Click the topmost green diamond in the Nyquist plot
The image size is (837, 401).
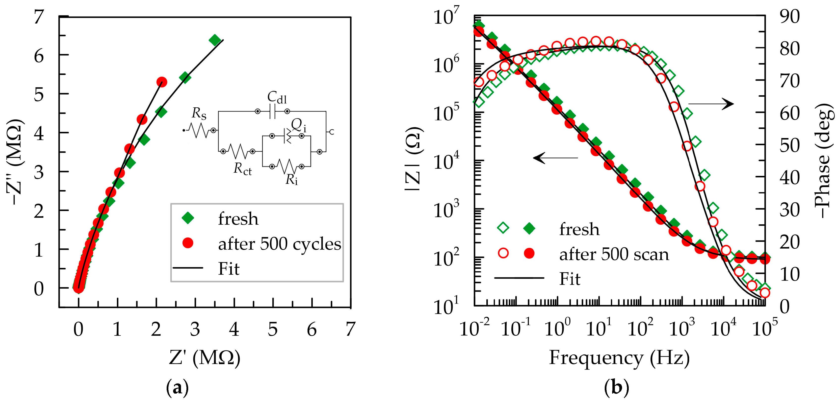(214, 40)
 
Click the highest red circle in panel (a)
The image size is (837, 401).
(161, 82)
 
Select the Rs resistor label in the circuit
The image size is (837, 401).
(199, 113)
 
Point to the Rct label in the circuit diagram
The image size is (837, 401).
(242, 169)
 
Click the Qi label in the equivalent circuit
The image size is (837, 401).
(298, 125)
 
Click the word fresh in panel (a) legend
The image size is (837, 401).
(238, 219)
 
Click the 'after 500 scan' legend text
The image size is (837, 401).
(614, 254)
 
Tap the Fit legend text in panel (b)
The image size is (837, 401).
(570, 279)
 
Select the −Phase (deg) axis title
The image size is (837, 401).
(823, 161)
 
